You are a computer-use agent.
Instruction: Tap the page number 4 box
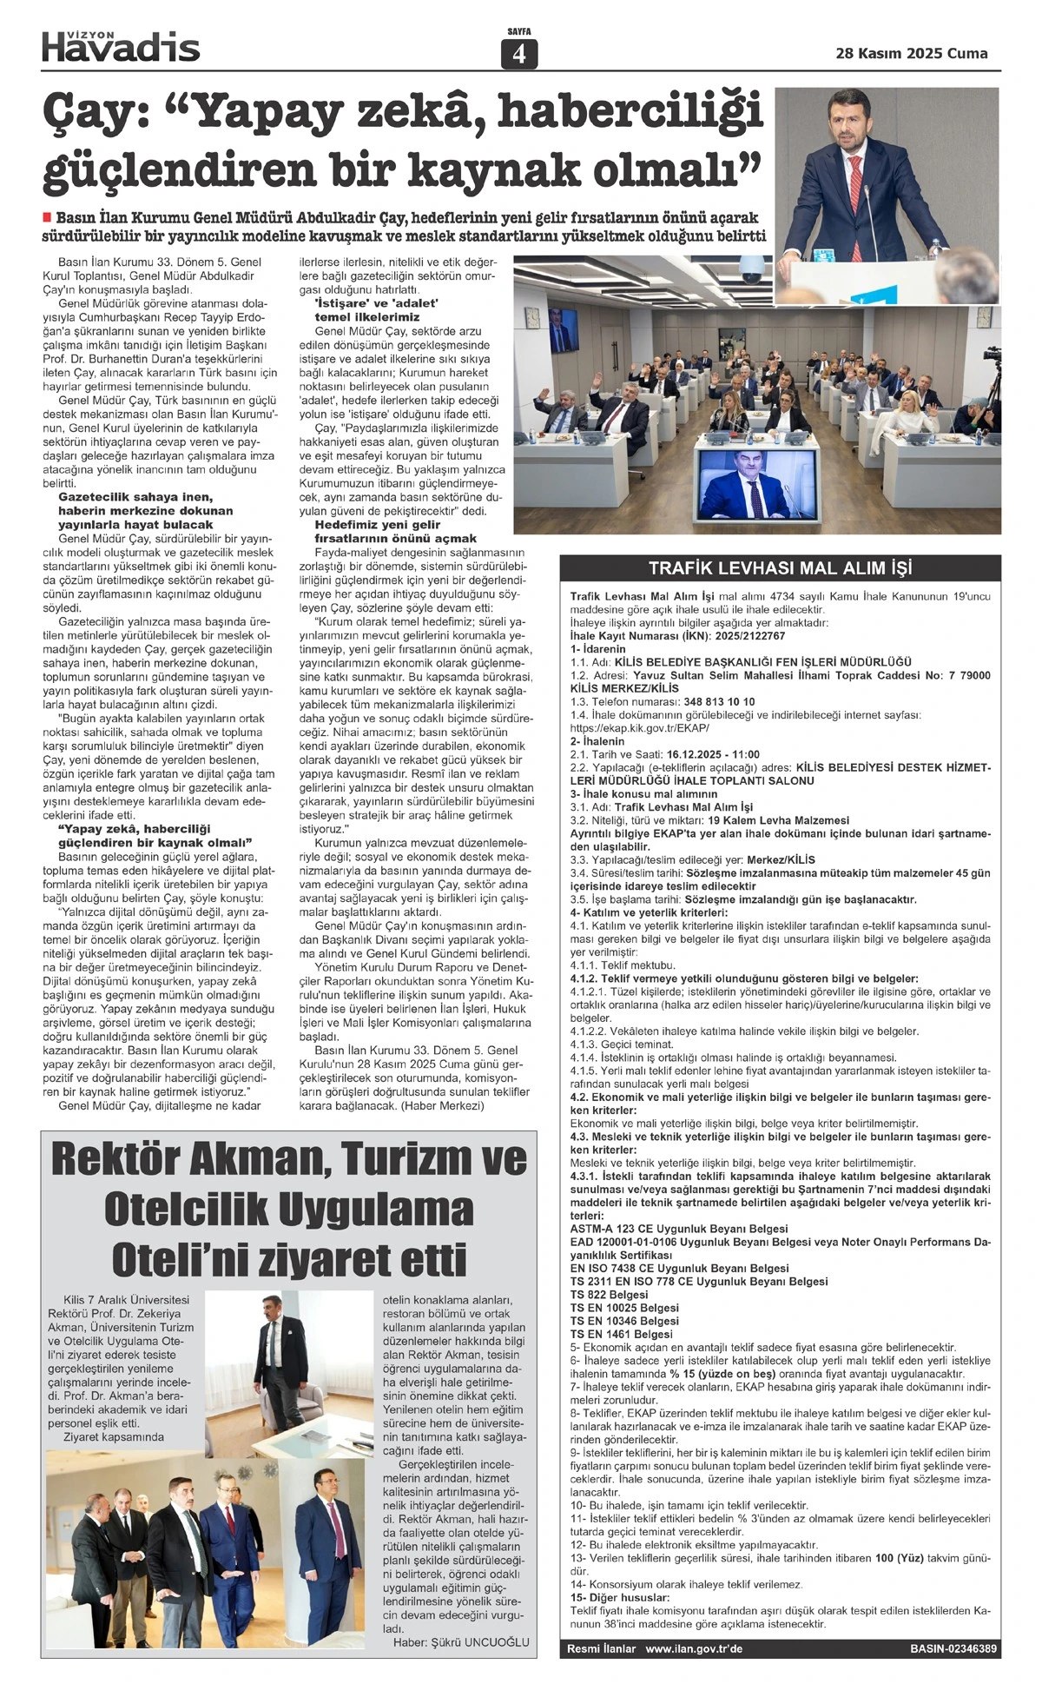click(x=519, y=55)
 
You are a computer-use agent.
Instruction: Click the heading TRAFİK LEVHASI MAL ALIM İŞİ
click(x=780, y=569)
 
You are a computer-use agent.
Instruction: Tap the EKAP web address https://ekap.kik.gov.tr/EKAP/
click(x=639, y=727)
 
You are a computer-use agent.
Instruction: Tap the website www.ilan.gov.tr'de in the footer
click(x=694, y=1648)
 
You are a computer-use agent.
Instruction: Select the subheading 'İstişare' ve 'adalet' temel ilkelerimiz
click(x=377, y=310)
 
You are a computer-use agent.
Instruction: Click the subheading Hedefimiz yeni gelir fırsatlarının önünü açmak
click(x=395, y=532)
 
